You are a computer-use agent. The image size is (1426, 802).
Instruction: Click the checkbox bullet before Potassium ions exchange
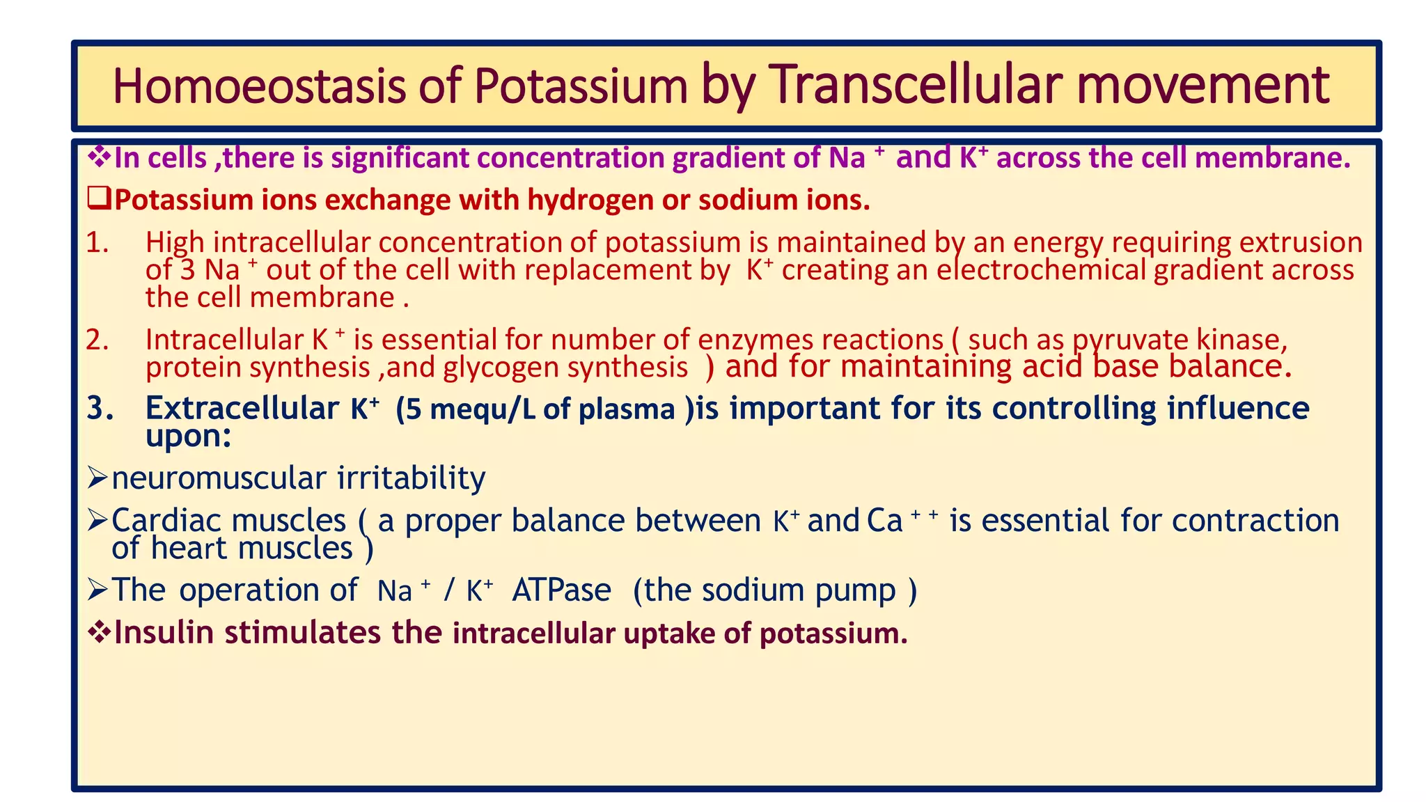pyautogui.click(x=100, y=200)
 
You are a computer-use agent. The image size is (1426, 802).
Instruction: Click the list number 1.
pyautogui.click(x=97, y=243)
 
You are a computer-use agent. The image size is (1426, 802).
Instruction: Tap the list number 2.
pyautogui.click(x=97, y=340)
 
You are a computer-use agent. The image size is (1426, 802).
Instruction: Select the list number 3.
pyautogui.click(x=100, y=409)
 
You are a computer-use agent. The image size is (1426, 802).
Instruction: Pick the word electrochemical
pyautogui.click(x=1041, y=270)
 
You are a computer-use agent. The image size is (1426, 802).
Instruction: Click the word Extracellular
pyautogui.click(x=242, y=408)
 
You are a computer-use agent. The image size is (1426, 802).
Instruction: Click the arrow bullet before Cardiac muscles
pyautogui.click(x=97, y=520)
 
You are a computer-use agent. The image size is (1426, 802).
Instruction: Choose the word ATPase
pyautogui.click(x=561, y=590)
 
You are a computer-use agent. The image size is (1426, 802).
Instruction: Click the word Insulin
pyautogui.click(x=164, y=632)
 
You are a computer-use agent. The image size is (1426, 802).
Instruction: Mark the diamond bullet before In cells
pyautogui.click(x=100, y=157)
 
